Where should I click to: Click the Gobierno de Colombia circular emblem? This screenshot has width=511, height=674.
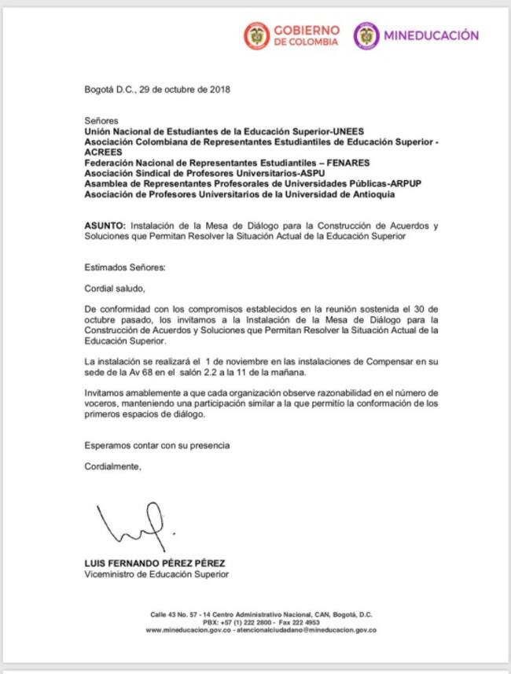(x=256, y=35)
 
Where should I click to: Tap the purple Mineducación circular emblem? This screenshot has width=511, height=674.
(x=366, y=35)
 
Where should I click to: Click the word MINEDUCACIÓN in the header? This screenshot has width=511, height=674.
(x=430, y=35)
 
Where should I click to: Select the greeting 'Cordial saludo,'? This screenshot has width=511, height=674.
(x=115, y=288)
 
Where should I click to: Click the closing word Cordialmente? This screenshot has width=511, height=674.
(x=112, y=466)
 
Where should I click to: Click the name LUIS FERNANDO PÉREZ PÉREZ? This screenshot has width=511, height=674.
(x=155, y=563)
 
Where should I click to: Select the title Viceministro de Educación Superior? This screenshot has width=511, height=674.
(x=156, y=574)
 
